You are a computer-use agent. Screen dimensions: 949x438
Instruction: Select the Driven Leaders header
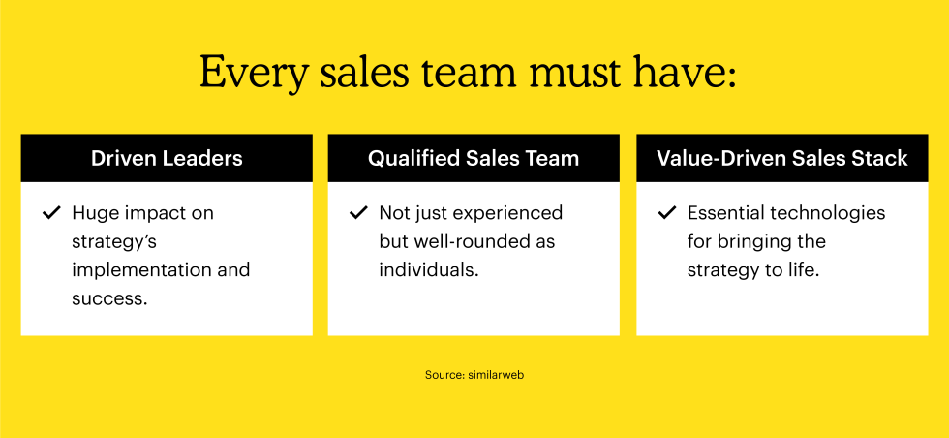pyautogui.click(x=167, y=158)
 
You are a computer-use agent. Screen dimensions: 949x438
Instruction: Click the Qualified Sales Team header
pyautogui.click(x=474, y=158)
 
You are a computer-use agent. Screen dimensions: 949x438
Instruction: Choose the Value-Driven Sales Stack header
pyautogui.click(x=782, y=158)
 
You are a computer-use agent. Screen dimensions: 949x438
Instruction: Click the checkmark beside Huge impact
pyautogui.click(x=51, y=212)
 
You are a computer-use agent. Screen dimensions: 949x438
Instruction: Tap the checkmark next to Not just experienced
pyautogui.click(x=359, y=212)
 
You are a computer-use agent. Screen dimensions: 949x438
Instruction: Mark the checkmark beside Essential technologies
pyautogui.click(x=667, y=212)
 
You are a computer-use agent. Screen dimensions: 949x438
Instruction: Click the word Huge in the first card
pyautogui.click(x=92, y=214)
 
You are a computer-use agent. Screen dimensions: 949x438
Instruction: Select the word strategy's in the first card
pyautogui.click(x=114, y=242)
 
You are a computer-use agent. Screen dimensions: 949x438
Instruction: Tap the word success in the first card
pyautogui.click(x=109, y=298)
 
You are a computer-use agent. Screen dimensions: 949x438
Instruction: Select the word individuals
pyautogui.click(x=429, y=269)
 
